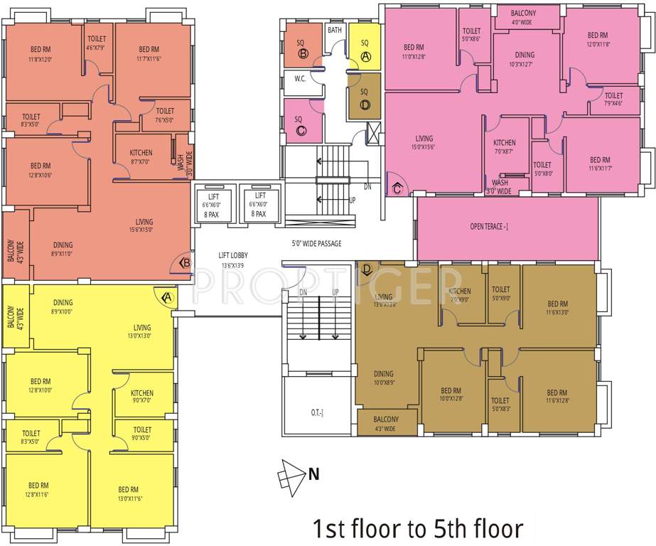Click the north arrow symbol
293,474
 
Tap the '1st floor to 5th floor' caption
418,528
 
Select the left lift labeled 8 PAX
214,204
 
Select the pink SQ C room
301,121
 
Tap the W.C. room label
300,80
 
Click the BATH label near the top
334,31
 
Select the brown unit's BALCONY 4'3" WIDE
386,423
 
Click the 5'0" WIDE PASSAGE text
316,243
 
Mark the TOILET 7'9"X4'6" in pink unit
613,99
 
